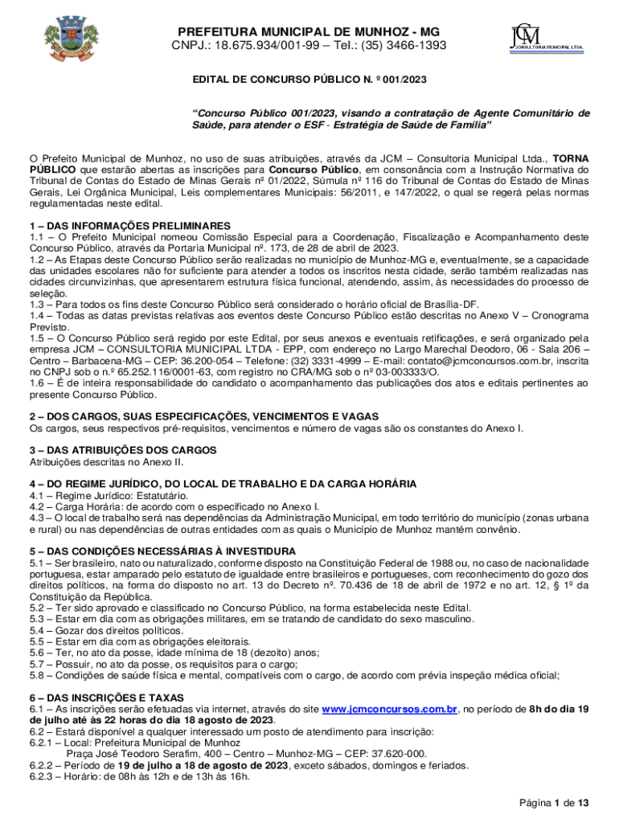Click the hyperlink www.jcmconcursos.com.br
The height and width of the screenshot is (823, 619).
pyautogui.click(x=390, y=709)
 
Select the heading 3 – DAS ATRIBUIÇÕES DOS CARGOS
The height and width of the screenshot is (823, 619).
pyautogui.click(x=123, y=450)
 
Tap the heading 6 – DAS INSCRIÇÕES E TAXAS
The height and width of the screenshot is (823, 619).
pyautogui.click(x=107, y=698)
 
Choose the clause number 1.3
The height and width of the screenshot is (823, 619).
pyautogui.click(x=38, y=305)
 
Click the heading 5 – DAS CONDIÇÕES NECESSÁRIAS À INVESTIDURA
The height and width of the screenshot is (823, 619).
pyautogui.click(x=162, y=551)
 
